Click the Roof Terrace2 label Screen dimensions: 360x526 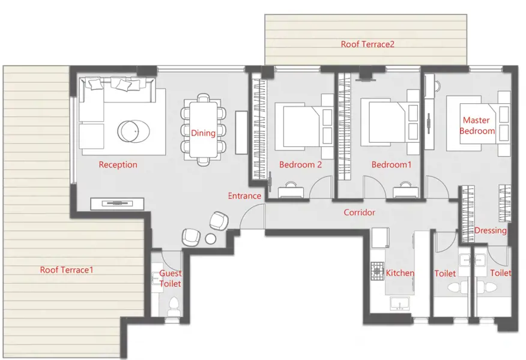pos(367,44)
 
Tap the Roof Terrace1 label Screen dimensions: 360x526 pos(67,270)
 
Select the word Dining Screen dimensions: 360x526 pos(203,133)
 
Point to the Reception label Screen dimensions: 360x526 pos(118,165)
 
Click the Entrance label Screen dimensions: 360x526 pos(244,196)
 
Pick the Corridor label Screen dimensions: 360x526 pos(359,212)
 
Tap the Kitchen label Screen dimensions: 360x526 pos(400,273)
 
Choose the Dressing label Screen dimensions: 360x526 pos(491,230)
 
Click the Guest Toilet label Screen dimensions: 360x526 pos(169,278)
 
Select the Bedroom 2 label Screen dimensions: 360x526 pos(300,165)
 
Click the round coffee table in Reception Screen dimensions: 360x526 pos(130,130)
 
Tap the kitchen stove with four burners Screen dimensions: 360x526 pos(377,271)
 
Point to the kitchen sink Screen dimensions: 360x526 pos(399,304)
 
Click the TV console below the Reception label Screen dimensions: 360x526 pos(117,203)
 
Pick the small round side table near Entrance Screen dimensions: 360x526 pos(211,239)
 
